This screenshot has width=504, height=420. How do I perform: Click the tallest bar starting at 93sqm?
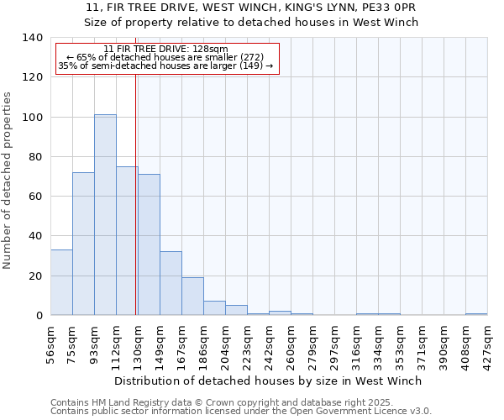pyautogui.click(x=105, y=215)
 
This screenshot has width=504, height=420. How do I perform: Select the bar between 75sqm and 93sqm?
pyautogui.click(x=83, y=244)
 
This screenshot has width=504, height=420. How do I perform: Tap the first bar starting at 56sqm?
pyautogui.click(x=61, y=282)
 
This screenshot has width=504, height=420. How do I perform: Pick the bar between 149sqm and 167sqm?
pyautogui.click(x=171, y=283)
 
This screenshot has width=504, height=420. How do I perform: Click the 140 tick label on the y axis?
pyautogui.click(x=33, y=38)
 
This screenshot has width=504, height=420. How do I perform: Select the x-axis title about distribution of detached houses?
pyautogui.click(x=268, y=381)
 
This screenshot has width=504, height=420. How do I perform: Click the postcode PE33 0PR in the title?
pyautogui.click(x=392, y=7)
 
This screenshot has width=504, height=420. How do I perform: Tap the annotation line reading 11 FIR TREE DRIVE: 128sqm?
pyautogui.click(x=166, y=50)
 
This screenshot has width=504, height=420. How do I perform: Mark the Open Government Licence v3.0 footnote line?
pyautogui.click(x=241, y=412)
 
